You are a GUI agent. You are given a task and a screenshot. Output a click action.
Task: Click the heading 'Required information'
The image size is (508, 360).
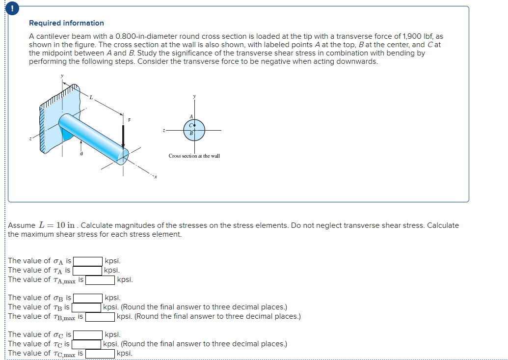click(66, 23)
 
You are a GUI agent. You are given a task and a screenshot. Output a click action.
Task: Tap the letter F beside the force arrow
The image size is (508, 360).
click(130, 120)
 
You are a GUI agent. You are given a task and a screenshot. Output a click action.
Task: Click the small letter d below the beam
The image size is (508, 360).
click(81, 154)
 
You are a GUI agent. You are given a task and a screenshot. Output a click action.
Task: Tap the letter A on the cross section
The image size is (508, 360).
click(190, 116)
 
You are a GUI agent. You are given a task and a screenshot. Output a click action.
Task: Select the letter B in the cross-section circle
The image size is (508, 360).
click(191, 132)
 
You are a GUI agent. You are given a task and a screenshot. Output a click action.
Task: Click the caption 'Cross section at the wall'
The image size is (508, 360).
click(194, 156)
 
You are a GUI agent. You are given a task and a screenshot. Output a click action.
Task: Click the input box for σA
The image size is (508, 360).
click(88, 261)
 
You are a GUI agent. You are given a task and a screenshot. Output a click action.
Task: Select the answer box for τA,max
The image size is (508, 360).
click(101, 280)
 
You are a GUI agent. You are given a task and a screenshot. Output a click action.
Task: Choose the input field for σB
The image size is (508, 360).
click(88, 298)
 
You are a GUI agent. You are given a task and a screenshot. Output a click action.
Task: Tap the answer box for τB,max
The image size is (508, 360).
click(101, 317)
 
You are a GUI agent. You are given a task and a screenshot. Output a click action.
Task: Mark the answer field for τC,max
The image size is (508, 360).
click(101, 354)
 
